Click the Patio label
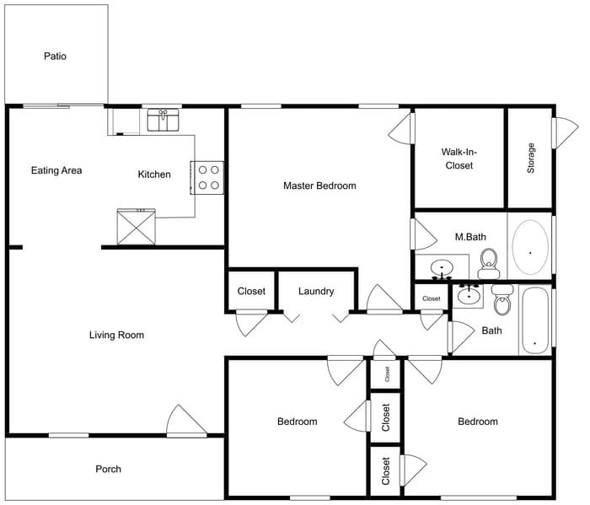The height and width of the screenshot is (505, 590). [x=55, y=56]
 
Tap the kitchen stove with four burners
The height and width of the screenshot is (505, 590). [x=208, y=178]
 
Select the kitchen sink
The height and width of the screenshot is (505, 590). [x=164, y=121]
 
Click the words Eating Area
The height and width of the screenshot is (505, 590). [x=56, y=170]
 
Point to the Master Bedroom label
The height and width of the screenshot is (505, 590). [x=319, y=185]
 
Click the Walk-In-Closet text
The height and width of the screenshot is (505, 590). [x=459, y=158]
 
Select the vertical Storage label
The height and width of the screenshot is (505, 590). [x=531, y=158]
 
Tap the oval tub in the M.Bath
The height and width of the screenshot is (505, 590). [x=530, y=248]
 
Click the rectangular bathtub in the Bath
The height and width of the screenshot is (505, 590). [x=534, y=320]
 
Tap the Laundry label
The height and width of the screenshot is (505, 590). [x=316, y=292]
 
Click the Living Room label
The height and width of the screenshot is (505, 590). [x=116, y=335]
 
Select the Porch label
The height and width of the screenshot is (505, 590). [x=108, y=469]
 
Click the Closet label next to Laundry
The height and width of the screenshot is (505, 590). [x=251, y=292]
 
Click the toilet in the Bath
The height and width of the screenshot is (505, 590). [x=502, y=300]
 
